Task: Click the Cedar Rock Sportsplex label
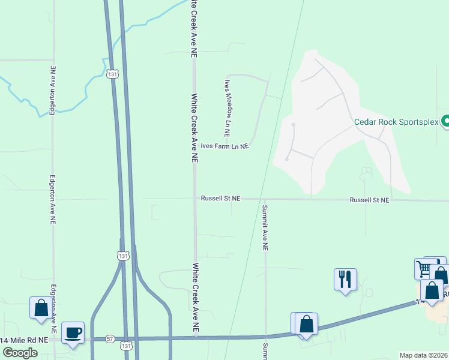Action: tap(396, 122)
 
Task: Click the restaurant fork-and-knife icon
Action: tap(345, 280)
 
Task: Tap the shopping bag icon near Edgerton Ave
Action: tap(41, 308)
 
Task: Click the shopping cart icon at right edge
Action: tap(425, 268)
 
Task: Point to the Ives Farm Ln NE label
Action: tap(224, 146)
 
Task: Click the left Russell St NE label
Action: tap(220, 198)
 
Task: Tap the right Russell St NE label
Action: tap(370, 199)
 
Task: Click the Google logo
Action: tap(20, 352)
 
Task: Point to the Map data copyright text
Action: tap(424, 355)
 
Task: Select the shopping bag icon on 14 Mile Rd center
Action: tap(306, 324)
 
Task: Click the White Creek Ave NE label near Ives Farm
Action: tap(194, 128)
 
